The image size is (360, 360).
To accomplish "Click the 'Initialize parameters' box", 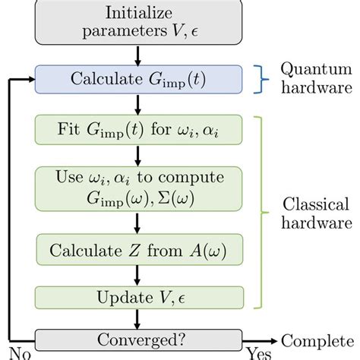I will [x=136, y=22].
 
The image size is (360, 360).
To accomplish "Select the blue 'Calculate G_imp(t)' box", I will [x=136, y=77].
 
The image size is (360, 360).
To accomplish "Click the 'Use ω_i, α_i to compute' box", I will [x=136, y=188].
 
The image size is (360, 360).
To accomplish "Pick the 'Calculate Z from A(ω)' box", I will [x=136, y=250].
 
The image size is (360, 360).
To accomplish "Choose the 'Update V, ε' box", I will [x=136, y=295].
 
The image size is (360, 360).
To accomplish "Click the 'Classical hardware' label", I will [x=314, y=214].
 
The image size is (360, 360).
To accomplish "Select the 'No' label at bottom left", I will [x=11, y=352].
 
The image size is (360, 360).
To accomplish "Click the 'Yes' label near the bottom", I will [x=256, y=352].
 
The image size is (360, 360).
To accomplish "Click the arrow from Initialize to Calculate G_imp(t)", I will [x=136, y=55].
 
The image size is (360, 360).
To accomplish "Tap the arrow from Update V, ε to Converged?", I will [x=136, y=317].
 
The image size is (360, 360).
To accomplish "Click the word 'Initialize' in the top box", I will [x=136, y=13].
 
